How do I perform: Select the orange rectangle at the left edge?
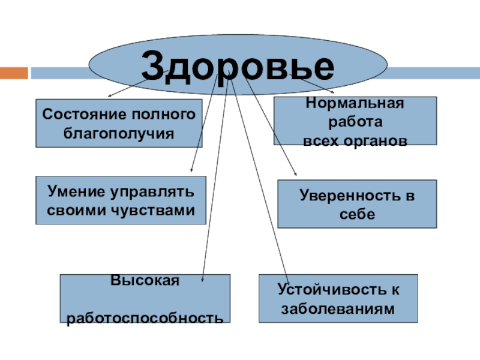[x=13, y=73]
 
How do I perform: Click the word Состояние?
[x=80, y=114]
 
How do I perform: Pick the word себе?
[x=356, y=214]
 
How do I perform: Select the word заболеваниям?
[x=339, y=308]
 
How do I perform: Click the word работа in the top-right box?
[x=355, y=122]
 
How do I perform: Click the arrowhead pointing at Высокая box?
[x=203, y=278]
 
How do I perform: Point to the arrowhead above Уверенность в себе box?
[x=296, y=174]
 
